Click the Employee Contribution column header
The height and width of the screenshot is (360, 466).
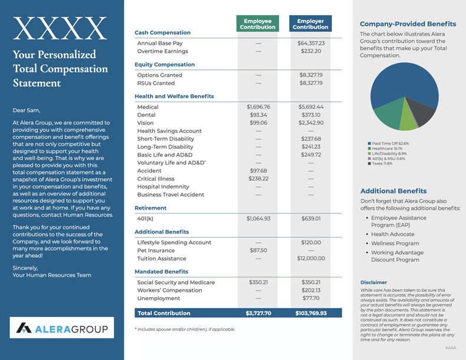click(258, 24)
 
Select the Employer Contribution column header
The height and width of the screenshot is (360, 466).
click(310, 24)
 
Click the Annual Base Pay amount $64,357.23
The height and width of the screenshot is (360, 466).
click(311, 44)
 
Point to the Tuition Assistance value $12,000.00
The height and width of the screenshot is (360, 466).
click(311, 258)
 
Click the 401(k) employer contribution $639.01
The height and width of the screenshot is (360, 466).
click(311, 219)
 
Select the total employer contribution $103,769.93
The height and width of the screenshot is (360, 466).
click(311, 313)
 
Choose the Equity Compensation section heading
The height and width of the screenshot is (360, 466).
click(165, 64)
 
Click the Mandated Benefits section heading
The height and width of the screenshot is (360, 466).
click(161, 272)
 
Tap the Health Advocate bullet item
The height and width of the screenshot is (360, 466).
click(392, 235)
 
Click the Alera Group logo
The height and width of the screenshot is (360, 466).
click(62, 328)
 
